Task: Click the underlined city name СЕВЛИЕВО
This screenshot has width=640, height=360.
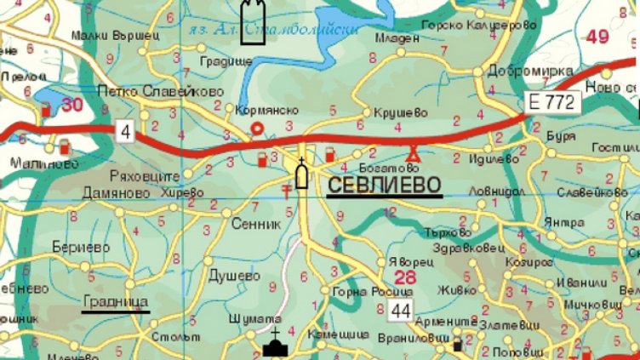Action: [384, 185]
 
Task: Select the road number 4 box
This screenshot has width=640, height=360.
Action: [127, 131]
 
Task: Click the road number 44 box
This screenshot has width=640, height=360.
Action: [401, 311]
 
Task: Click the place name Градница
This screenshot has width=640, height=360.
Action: [116, 302]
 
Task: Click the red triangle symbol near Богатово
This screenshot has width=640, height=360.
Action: [414, 154]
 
